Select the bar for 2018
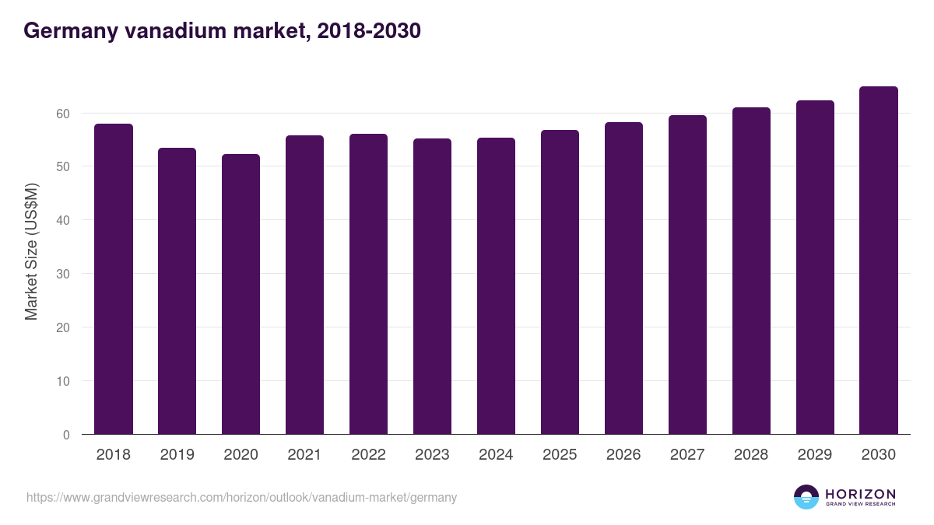pos(114,279)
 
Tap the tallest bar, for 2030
pos(879,261)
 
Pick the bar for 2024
pos(496,286)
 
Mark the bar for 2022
pos(368,284)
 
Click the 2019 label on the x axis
pos(177,455)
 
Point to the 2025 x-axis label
pos(560,455)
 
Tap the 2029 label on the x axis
pos(815,455)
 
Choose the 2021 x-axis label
pos(304,455)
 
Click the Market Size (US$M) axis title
pos(31,251)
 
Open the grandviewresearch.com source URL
pos(241,497)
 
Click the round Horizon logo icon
pos(806,497)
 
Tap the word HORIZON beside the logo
pos(860,493)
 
